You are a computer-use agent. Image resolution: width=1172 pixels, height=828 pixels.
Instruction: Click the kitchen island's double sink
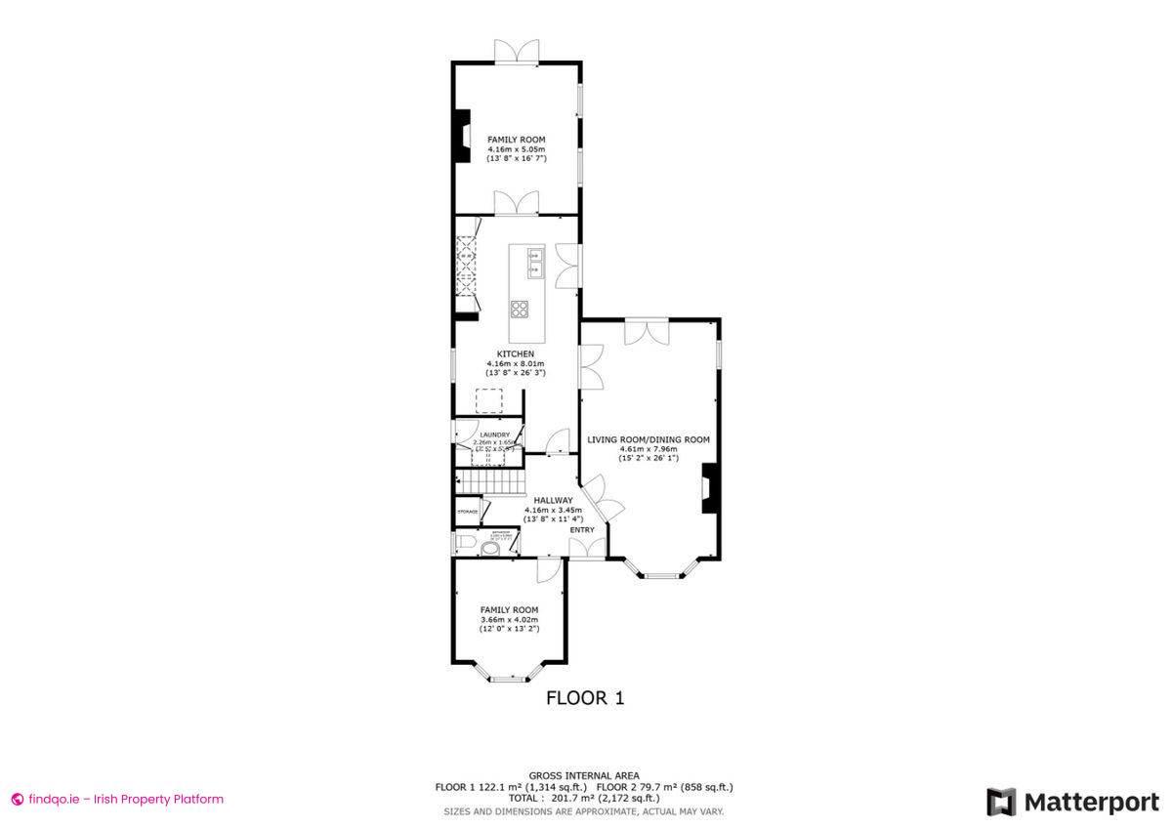pos(533,264)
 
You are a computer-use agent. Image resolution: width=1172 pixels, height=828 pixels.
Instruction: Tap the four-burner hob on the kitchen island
pos(520,310)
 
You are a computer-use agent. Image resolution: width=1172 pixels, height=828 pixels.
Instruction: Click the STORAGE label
pos(468,512)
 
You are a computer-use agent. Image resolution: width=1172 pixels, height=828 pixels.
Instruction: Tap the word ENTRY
pos(582,530)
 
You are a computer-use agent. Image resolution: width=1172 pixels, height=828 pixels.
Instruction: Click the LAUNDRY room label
pos(494,435)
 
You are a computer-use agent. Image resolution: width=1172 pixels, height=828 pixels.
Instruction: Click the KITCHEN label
pos(515,353)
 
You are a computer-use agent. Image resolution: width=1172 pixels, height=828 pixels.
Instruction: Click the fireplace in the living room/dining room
pos(709,488)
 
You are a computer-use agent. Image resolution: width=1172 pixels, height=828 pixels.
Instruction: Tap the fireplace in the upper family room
pos(460,136)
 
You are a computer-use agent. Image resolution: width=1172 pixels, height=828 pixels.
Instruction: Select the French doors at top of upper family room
pos(516,53)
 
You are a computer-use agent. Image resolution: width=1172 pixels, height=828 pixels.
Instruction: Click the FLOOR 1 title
pos(584,698)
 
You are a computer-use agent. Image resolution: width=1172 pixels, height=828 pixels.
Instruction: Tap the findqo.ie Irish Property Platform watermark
pos(117,799)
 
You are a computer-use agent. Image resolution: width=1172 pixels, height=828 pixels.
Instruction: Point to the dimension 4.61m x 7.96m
pos(648,449)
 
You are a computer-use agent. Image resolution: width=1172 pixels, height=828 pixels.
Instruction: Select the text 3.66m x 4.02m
pos(509,619)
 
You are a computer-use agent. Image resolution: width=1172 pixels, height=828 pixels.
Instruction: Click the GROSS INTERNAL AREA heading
pos(584,775)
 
